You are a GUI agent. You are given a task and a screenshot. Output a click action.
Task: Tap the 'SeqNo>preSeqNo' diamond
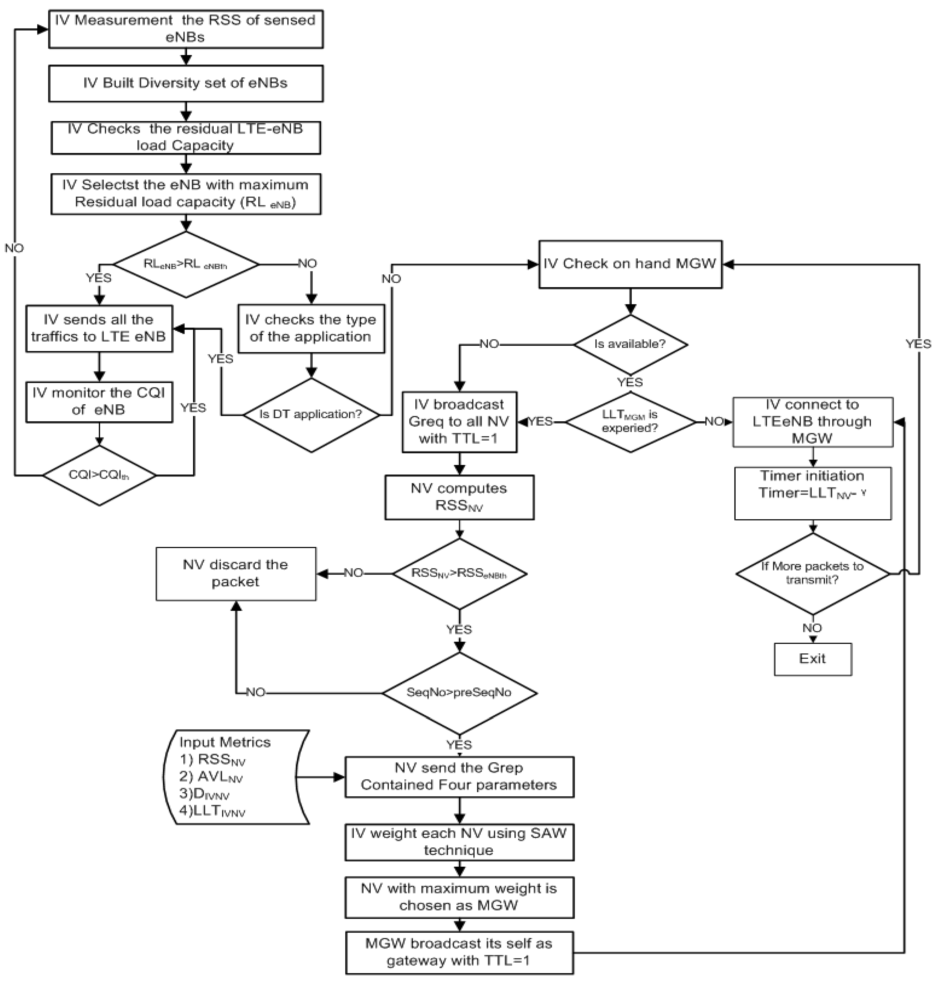pyautogui.click(x=459, y=693)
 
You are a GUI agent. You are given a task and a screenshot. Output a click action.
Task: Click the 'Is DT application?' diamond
pyautogui.click(x=311, y=414)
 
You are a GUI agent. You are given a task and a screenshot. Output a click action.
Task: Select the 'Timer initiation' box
pyautogui.click(x=812, y=493)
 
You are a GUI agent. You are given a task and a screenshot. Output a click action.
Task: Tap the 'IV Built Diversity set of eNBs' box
pyautogui.click(x=186, y=83)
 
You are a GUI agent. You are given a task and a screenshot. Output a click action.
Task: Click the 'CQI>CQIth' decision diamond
pyautogui.click(x=99, y=475)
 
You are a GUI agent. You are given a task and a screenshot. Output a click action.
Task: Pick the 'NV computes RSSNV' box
pyautogui.click(x=459, y=497)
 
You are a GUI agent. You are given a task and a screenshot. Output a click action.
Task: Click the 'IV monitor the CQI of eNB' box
pyautogui.click(x=99, y=401)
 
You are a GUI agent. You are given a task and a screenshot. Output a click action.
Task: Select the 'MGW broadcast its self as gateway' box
pyautogui.click(x=459, y=952)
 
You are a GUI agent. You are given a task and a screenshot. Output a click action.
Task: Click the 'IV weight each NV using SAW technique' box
pyautogui.click(x=459, y=842)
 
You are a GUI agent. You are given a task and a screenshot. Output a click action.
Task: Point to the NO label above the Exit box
pyautogui.click(x=812, y=628)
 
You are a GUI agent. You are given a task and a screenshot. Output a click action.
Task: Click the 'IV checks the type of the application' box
pyautogui.click(x=311, y=328)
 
